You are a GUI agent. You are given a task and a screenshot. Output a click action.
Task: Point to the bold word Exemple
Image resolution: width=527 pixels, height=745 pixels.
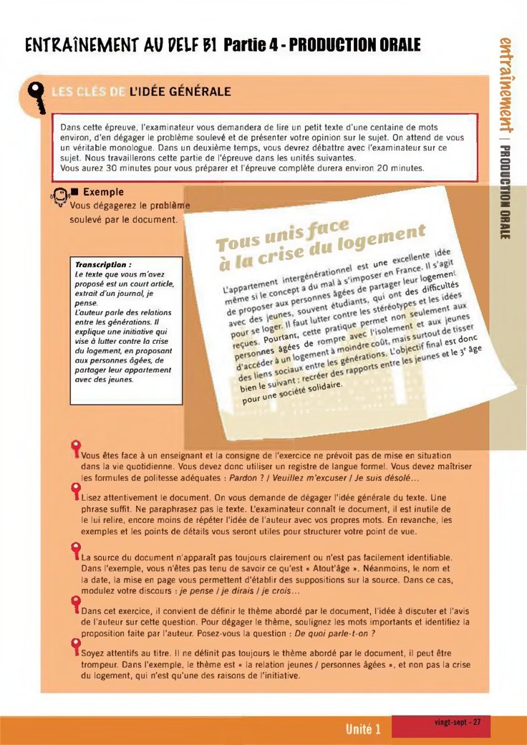(x=103, y=192)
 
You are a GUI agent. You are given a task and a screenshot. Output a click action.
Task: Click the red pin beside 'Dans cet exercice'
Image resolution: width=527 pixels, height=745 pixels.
(x=74, y=602)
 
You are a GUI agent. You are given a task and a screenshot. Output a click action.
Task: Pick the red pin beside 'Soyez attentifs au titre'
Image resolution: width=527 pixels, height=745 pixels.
(x=74, y=648)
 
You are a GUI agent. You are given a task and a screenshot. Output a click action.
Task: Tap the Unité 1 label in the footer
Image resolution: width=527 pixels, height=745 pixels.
(x=363, y=730)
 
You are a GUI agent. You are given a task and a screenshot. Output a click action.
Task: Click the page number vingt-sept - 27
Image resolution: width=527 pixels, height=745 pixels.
(x=457, y=722)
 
